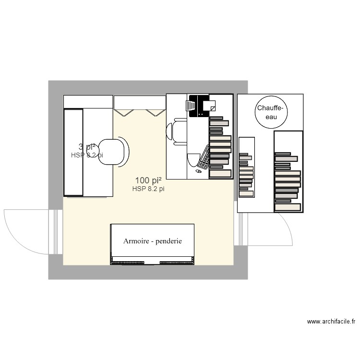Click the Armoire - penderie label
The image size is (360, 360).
152,241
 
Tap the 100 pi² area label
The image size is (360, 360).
148,181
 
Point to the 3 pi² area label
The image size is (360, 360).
87,147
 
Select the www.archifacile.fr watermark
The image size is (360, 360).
331,322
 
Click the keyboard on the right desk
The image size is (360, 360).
204,157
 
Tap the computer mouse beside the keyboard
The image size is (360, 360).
199,170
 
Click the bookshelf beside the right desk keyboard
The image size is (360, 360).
220,147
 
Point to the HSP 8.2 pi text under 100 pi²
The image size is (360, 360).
148,189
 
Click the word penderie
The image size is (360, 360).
168,241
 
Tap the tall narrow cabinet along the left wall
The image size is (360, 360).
73,152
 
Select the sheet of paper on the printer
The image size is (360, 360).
211,105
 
